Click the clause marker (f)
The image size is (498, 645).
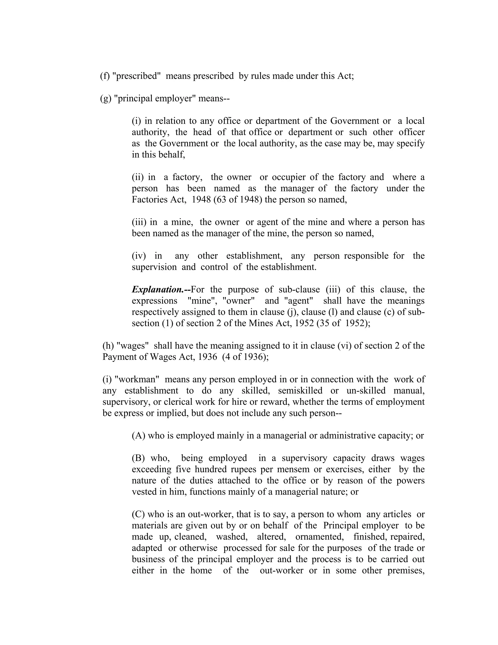(105, 76)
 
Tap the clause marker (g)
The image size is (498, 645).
(106, 98)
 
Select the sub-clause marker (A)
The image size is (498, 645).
(138, 436)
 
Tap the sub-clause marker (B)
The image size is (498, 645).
(138, 458)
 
